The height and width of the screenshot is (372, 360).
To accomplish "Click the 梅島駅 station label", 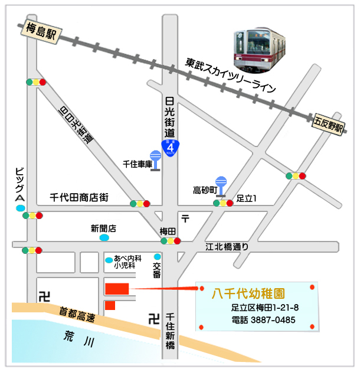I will (41, 31).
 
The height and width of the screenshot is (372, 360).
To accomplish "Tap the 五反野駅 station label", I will (328, 125).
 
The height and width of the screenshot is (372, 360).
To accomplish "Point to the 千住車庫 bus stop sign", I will (155, 161).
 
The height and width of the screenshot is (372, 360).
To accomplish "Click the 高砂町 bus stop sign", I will (222, 184).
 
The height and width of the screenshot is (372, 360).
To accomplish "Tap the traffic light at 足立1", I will (224, 203).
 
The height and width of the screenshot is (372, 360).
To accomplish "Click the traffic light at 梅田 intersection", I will (170, 241).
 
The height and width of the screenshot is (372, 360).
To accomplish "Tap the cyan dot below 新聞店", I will (104, 238).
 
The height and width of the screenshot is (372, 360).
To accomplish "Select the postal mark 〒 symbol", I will (186, 218).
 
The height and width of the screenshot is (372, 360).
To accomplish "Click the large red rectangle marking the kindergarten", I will (117, 289).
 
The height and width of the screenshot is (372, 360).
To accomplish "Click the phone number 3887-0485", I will (272, 321).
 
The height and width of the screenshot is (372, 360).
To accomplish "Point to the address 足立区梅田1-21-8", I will (265, 308).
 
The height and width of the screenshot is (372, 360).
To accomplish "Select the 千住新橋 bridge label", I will (170, 331).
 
